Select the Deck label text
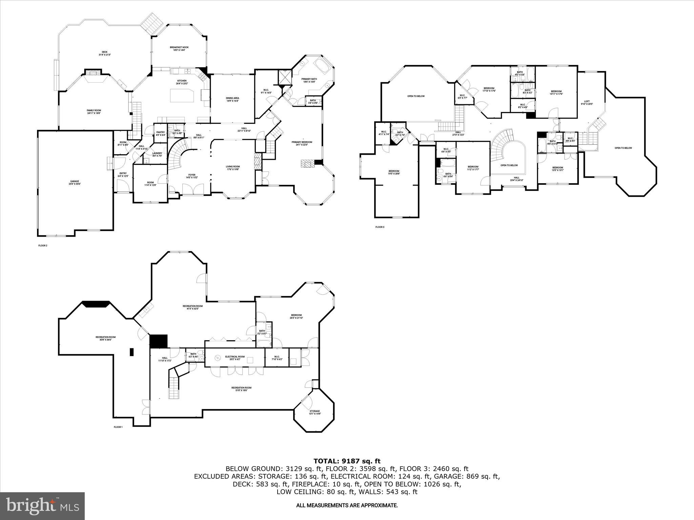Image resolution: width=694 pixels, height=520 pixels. pyautogui.click(x=105, y=53)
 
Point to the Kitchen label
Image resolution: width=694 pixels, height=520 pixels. pyautogui.click(x=182, y=82)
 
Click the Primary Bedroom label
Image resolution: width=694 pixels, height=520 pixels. pyautogui.click(x=302, y=143)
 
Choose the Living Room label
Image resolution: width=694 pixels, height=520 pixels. pyautogui.click(x=233, y=168)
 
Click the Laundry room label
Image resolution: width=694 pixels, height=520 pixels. pyautogui.click(x=157, y=154)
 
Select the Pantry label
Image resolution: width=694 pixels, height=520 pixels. pyautogui.click(x=161, y=133)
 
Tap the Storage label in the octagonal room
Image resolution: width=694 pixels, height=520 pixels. pyautogui.click(x=314, y=412)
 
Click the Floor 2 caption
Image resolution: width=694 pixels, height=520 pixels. pyautogui.click(x=43, y=245)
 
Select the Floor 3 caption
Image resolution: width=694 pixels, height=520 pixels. pyautogui.click(x=380, y=227)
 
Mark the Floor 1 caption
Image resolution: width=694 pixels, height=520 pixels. pyautogui.click(x=118, y=427)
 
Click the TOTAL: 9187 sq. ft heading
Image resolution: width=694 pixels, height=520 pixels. pyautogui.click(x=347, y=461)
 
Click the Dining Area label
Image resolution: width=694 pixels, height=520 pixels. pyautogui.click(x=232, y=99)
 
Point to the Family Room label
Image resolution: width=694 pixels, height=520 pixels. pyautogui.click(x=94, y=111)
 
